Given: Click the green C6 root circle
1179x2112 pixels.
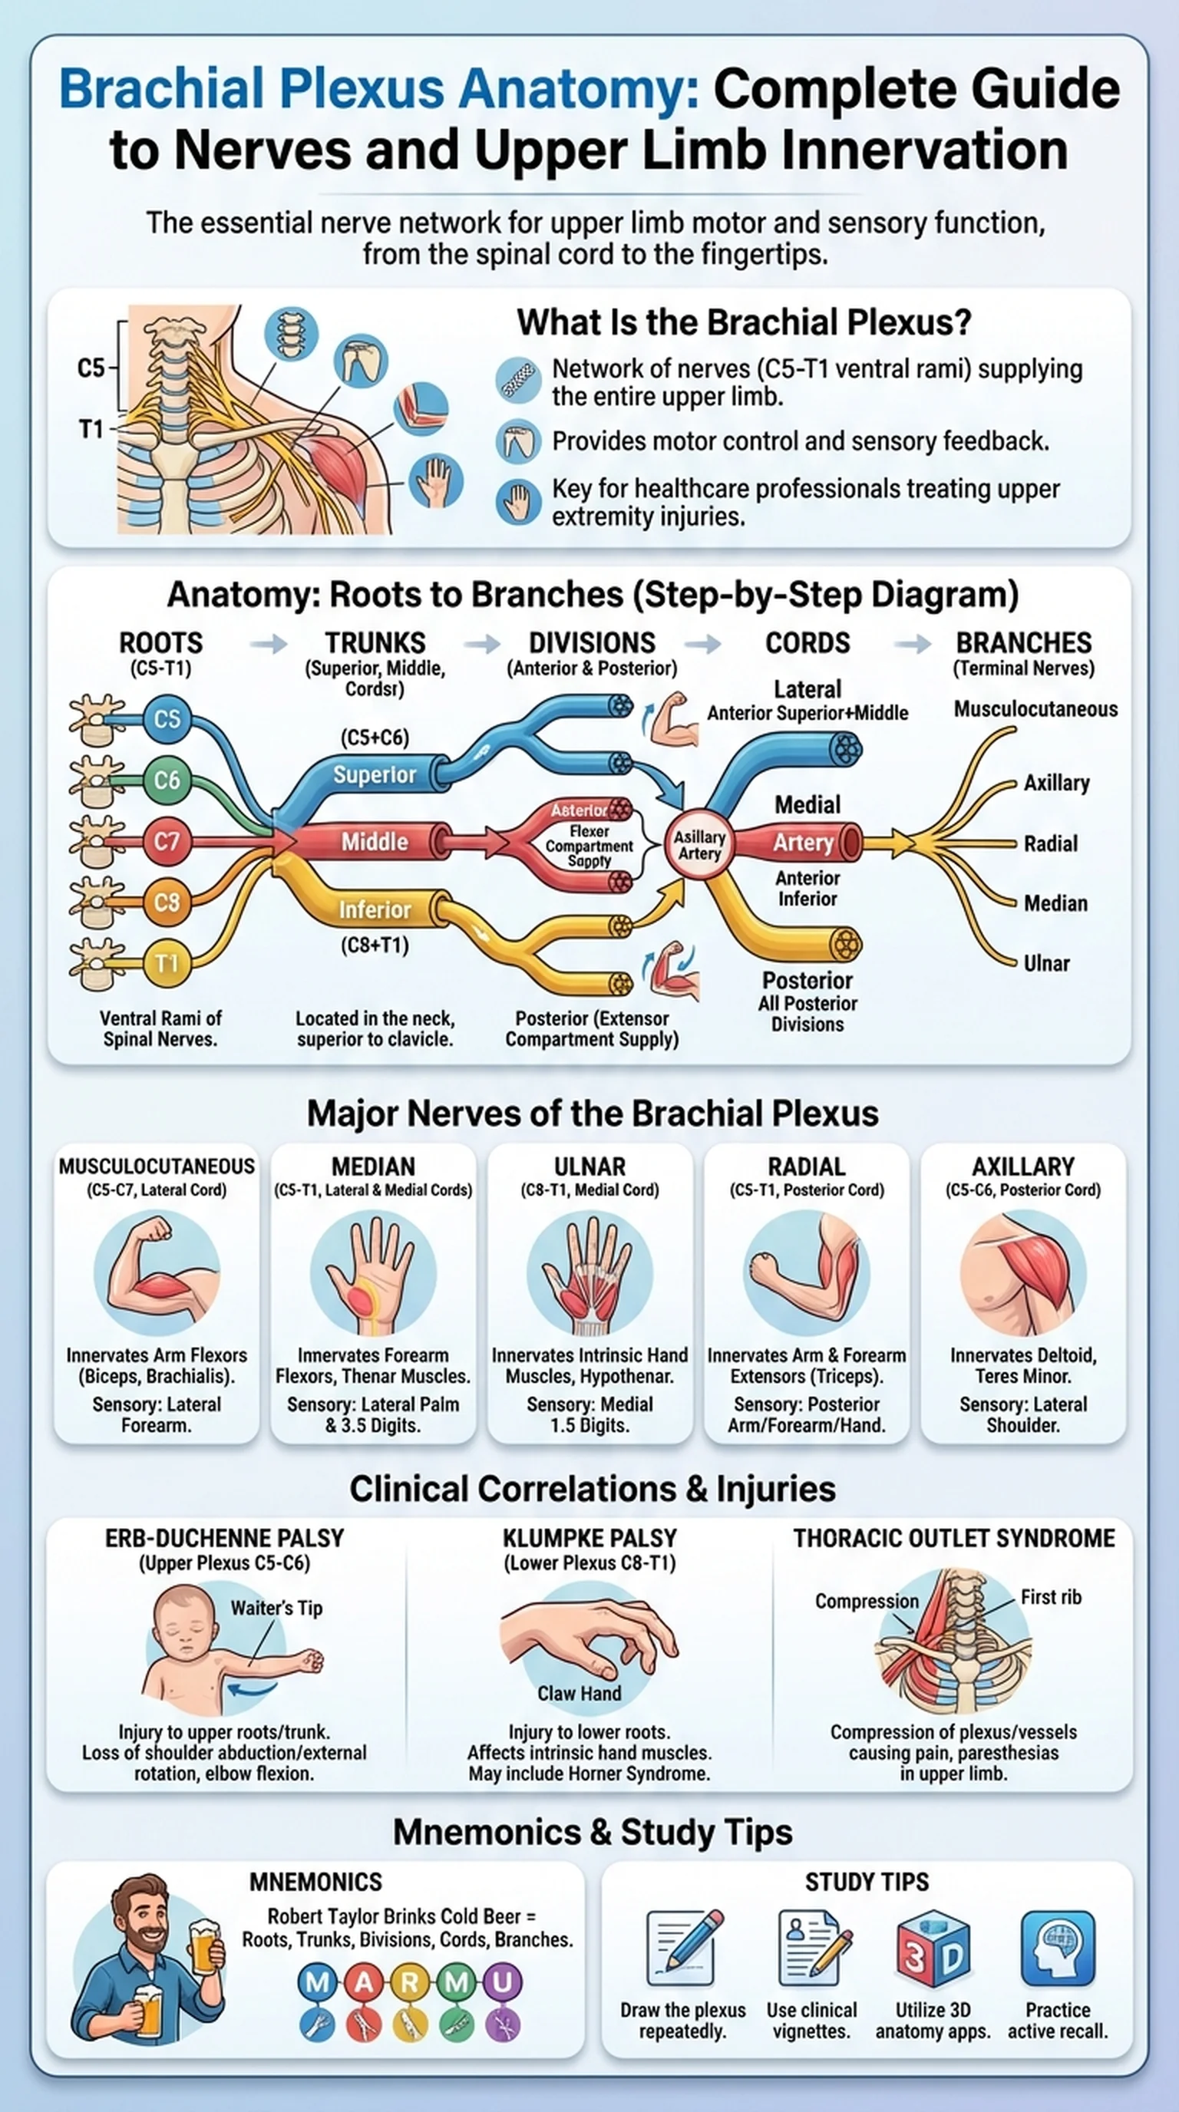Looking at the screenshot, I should (x=167, y=779).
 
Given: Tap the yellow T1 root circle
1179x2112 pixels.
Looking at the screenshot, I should (x=167, y=962).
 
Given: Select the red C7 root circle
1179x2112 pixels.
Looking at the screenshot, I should (x=167, y=841).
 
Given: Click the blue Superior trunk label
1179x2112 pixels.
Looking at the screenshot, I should (x=375, y=775).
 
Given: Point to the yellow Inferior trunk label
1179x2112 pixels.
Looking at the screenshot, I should (x=375, y=909).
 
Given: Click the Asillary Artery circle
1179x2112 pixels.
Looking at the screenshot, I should (x=699, y=844).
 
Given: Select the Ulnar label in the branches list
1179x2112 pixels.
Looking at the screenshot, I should (x=1046, y=963).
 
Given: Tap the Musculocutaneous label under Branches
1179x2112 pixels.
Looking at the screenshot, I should (x=1035, y=709).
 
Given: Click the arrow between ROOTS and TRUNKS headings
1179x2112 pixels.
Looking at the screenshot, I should (x=268, y=644).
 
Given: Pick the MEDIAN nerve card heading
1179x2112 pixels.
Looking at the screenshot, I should (x=373, y=1166).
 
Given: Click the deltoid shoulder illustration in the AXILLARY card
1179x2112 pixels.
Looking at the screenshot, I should (x=1023, y=1272).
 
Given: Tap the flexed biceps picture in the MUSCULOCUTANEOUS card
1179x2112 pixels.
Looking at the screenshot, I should (x=157, y=1272).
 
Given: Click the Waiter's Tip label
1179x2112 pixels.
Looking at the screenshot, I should (x=276, y=1608).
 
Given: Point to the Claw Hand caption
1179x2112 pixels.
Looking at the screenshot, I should (x=579, y=1693).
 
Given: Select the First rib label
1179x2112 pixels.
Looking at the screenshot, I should (x=1050, y=1597).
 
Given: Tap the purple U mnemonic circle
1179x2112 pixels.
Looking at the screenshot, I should (x=502, y=1982).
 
